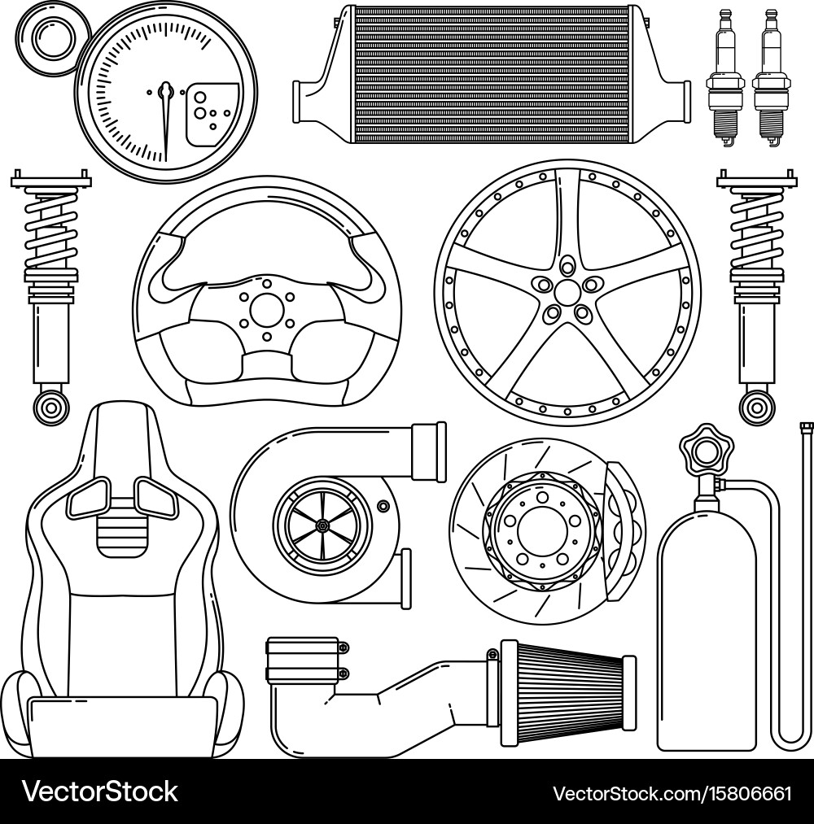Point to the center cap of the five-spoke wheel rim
pos(567,291)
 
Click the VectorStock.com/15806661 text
pos(672,793)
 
